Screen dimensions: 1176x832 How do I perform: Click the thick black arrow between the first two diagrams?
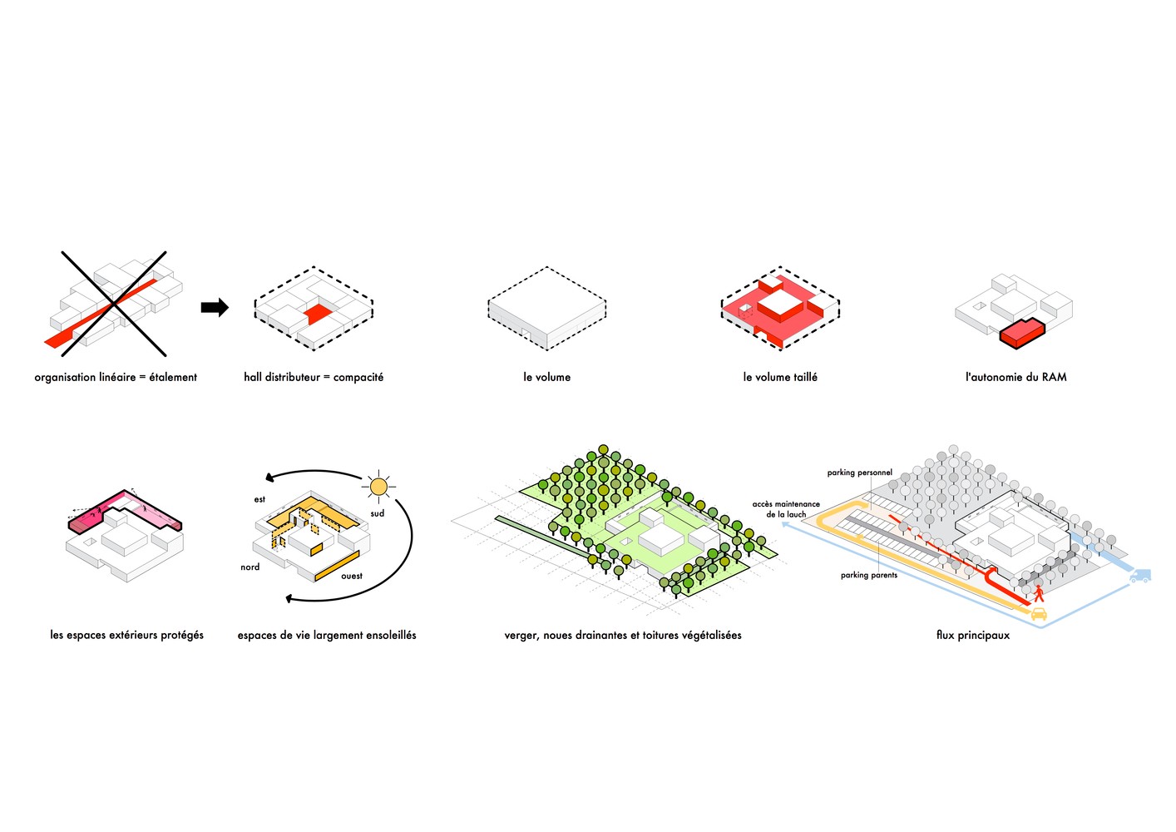click(x=215, y=307)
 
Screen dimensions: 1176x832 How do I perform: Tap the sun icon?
click(x=378, y=487)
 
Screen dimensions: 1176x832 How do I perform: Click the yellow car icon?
click(x=1039, y=613)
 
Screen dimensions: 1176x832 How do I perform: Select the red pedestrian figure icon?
click(x=1039, y=593)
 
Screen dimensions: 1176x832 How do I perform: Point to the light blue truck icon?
click(x=1140, y=576)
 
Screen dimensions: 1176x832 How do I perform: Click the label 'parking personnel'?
click(x=859, y=473)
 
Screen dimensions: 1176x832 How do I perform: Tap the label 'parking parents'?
click(x=869, y=575)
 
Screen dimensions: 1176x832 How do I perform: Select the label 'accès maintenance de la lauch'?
click(x=786, y=509)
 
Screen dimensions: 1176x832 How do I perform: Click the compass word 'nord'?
click(x=250, y=567)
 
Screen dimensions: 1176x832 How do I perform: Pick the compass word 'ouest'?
click(x=352, y=577)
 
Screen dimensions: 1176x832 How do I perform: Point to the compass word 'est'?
click(x=259, y=499)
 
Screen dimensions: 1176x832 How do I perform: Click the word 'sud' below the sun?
click(x=378, y=513)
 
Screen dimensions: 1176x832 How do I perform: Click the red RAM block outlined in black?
click(x=1022, y=333)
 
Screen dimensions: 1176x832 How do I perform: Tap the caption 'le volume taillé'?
click(x=780, y=377)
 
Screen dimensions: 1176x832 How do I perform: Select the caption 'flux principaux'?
click(x=973, y=635)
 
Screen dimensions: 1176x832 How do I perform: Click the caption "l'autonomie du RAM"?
click(x=1015, y=377)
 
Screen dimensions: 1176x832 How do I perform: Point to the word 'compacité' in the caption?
click(x=358, y=377)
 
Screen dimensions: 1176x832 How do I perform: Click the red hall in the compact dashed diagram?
click(x=318, y=314)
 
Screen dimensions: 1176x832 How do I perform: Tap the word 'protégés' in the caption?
click(x=181, y=635)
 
